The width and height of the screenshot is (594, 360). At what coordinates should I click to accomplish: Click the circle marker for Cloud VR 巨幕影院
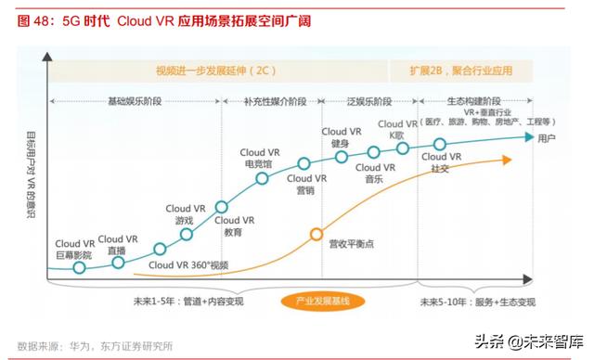(x=79, y=267)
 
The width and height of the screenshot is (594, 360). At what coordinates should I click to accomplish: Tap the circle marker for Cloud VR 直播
(x=118, y=263)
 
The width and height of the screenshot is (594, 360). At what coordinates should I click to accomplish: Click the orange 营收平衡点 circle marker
(x=317, y=234)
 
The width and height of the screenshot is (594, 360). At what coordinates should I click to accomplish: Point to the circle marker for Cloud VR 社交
(x=441, y=144)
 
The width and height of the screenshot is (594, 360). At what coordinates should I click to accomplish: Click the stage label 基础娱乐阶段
(x=134, y=100)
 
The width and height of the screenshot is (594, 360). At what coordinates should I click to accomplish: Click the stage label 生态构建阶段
(x=473, y=100)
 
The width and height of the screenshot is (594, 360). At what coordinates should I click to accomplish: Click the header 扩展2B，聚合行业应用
(x=461, y=71)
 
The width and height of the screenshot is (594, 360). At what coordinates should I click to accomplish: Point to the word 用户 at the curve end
(x=547, y=138)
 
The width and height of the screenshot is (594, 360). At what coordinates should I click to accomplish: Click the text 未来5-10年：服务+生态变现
(x=476, y=302)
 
